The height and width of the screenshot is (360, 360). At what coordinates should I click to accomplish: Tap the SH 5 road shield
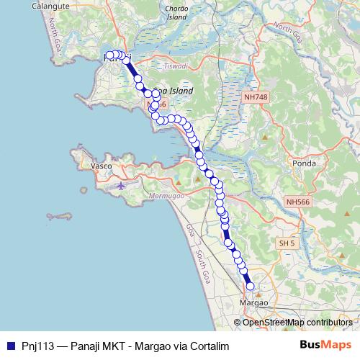pyautogui.click(x=287, y=244)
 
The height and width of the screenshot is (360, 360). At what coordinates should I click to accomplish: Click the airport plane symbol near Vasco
pyautogui.click(x=120, y=185)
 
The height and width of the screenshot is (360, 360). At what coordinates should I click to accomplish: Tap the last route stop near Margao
pyautogui.click(x=251, y=287)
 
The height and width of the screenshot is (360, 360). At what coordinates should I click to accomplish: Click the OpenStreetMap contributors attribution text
pyautogui.click(x=297, y=322)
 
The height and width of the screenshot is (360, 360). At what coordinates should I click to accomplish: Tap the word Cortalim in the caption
pyautogui.click(x=207, y=346)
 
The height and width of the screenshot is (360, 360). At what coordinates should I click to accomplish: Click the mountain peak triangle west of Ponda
pyautogui.click(x=265, y=136)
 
